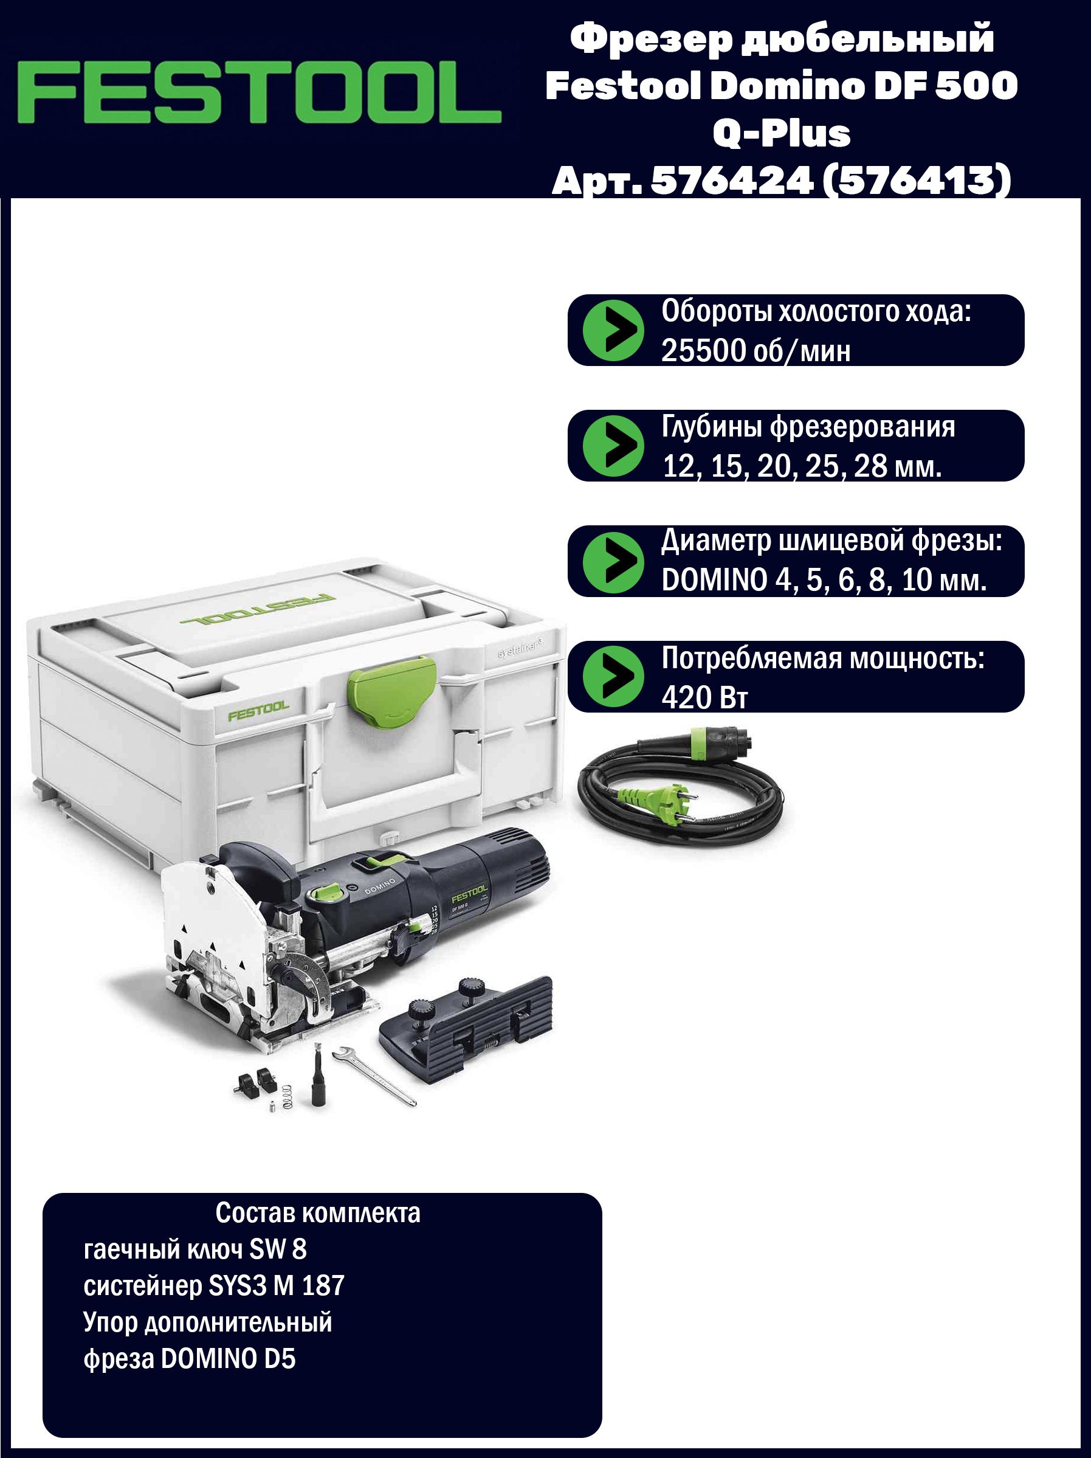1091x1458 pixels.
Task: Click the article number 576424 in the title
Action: tap(729, 181)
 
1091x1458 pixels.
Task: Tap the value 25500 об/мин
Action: tap(755, 351)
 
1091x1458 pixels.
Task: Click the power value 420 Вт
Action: tap(704, 697)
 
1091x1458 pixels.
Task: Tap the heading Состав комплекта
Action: tap(317, 1212)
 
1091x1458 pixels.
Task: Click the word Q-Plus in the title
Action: tap(782, 134)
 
